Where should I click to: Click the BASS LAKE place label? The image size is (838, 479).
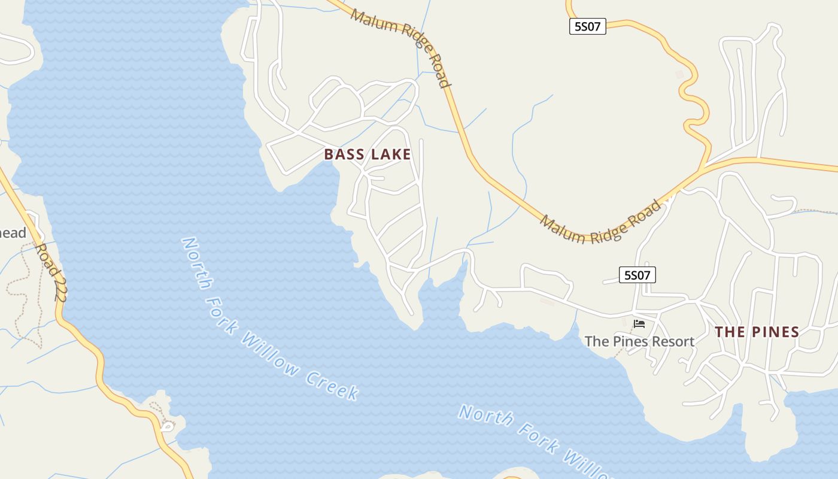click(x=368, y=154)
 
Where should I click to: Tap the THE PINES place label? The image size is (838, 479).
click(x=757, y=332)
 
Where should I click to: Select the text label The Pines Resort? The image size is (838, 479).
click(x=639, y=341)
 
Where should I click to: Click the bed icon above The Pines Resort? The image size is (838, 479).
click(x=639, y=324)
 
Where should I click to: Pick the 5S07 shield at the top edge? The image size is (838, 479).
click(x=587, y=26)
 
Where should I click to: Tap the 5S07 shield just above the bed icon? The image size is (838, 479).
click(x=637, y=275)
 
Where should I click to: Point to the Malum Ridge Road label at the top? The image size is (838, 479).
click(x=401, y=47)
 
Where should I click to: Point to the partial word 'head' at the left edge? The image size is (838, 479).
click(x=13, y=234)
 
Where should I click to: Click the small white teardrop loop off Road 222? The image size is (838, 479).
click(x=167, y=427)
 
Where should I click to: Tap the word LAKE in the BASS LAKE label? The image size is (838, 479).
click(x=390, y=154)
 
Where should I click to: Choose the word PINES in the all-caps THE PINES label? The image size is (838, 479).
click(x=772, y=332)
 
